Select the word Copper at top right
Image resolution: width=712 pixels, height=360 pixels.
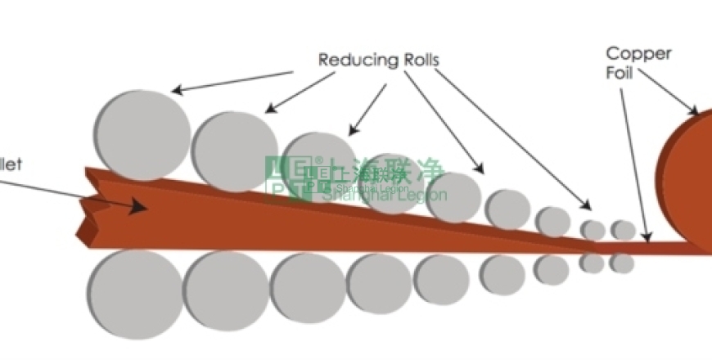click(638, 54)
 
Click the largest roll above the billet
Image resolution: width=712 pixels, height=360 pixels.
click(142, 135)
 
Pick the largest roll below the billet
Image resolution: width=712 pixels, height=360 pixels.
click(135, 293)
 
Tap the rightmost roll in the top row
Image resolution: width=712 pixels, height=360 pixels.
click(623, 230)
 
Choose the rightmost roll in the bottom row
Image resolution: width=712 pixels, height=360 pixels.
click(621, 263)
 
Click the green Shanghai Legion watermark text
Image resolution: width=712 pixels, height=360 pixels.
click(385, 195)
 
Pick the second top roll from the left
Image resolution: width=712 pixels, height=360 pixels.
click(235, 151)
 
